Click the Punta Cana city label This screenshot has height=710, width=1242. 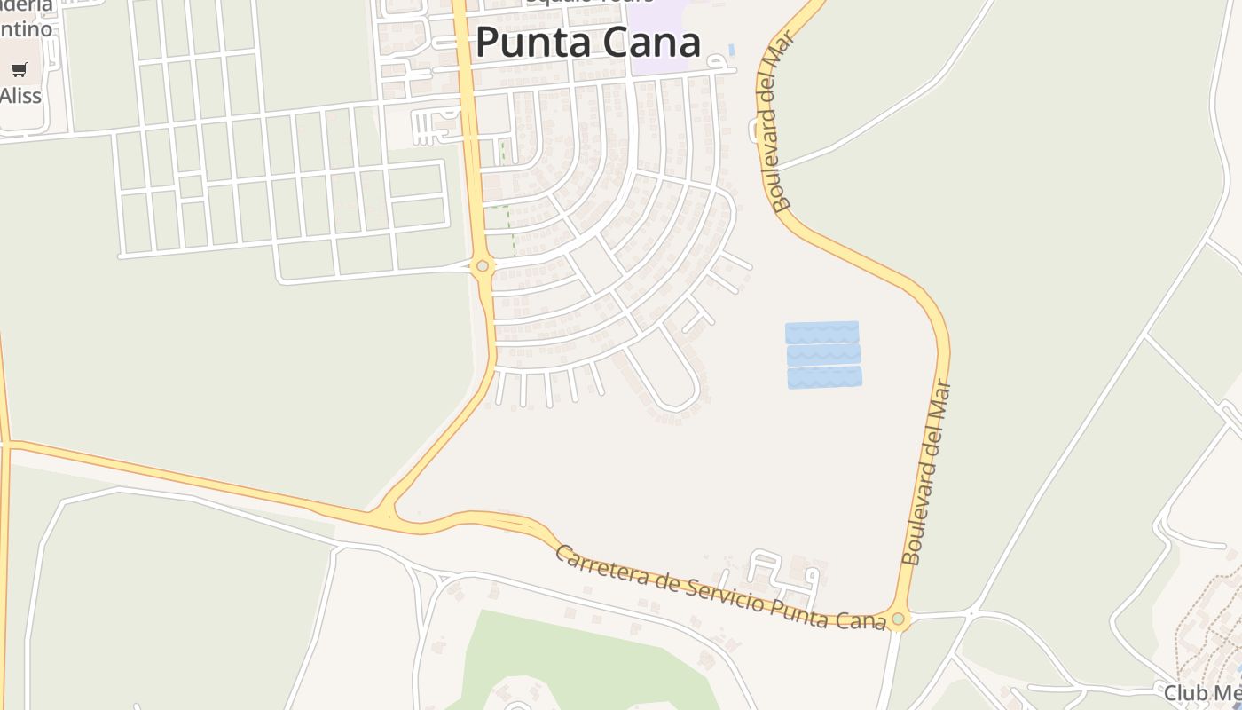point(587,42)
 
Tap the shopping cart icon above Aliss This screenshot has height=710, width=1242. point(20,69)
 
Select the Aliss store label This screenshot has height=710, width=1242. point(20,95)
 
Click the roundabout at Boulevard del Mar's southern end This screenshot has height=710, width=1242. point(898,619)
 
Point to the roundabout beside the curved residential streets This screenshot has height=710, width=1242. point(483,265)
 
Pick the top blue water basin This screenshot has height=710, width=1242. point(821,332)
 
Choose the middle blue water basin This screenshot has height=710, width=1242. point(823,355)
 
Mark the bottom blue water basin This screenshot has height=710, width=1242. point(824,377)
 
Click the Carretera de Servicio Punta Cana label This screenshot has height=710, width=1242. point(720,588)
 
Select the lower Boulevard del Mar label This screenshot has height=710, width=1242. point(926,472)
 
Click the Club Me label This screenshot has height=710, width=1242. point(1201,693)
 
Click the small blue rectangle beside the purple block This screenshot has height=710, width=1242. point(731,49)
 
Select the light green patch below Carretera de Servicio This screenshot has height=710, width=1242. point(568,657)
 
